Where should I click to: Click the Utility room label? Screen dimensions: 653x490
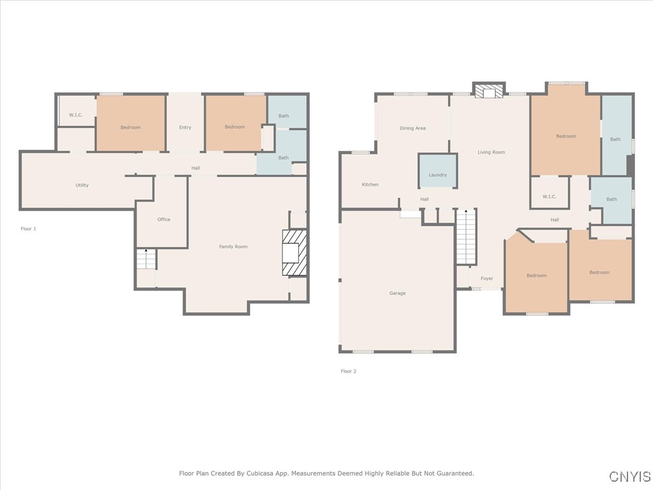coord(82,185)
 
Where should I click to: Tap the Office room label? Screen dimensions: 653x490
coord(164,219)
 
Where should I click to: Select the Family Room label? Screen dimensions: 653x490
coord(233,247)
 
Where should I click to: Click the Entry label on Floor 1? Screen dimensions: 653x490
coord(186,128)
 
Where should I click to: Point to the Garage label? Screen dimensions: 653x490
coord(397,293)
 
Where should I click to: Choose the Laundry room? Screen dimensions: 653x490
coord(437,171)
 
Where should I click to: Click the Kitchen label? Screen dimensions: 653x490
coord(371,184)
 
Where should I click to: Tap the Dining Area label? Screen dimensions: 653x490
coord(413,128)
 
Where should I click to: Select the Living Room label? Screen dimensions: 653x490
coord(492,152)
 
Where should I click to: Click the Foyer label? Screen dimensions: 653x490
coord(487,279)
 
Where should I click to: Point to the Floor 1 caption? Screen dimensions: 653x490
coord(28,229)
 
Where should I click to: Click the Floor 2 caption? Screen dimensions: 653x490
coord(349,371)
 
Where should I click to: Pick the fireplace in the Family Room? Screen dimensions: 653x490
coord(295,253)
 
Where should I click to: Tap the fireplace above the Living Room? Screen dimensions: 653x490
coord(489,92)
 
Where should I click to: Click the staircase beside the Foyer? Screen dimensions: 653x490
coord(466,237)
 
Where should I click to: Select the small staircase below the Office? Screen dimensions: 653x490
coord(146,259)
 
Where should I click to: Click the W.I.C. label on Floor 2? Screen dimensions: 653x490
coord(549,197)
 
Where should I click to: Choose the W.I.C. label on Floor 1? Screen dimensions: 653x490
coord(76,115)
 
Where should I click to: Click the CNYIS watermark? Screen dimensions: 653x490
coord(630,476)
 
